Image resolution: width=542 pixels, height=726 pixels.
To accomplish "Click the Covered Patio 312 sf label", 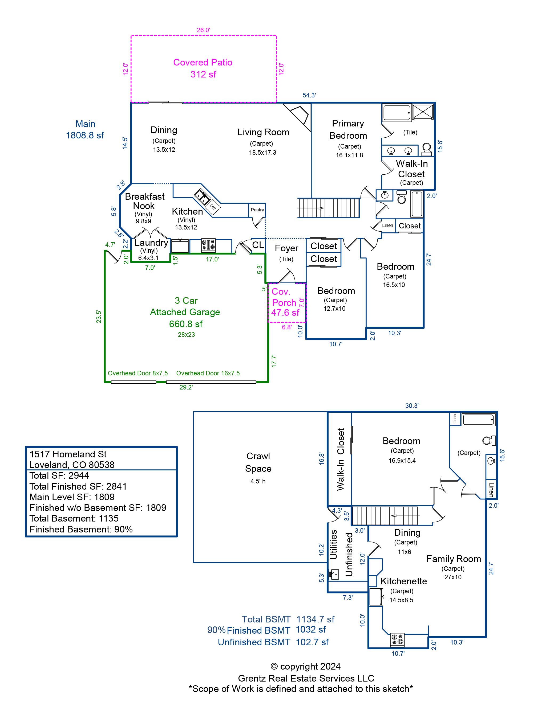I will (x=203, y=68).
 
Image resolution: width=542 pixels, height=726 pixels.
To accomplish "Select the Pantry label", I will (x=257, y=210).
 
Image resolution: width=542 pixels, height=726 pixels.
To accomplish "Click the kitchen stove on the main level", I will (x=208, y=245).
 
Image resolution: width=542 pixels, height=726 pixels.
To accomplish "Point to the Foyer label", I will (x=286, y=248).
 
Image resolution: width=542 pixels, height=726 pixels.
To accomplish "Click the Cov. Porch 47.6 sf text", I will (x=285, y=302).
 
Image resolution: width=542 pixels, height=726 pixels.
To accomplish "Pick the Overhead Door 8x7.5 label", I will (x=137, y=373).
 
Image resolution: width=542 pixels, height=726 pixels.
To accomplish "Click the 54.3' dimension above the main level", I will (x=309, y=95).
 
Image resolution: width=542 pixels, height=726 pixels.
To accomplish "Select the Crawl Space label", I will (x=258, y=462).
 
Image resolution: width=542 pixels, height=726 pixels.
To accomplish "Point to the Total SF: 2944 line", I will (x=59, y=475).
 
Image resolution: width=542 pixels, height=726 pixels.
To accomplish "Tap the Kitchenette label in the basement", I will (x=403, y=581).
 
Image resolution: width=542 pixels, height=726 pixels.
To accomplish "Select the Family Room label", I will (x=454, y=559).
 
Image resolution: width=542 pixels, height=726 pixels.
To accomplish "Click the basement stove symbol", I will (x=397, y=639).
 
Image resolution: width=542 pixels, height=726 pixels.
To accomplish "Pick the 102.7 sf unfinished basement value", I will (x=312, y=642).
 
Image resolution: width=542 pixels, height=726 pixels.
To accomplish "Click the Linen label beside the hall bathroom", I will (x=387, y=225).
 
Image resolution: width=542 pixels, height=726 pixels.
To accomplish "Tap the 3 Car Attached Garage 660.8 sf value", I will (x=185, y=324).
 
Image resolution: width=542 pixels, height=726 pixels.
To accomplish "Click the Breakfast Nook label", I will (x=144, y=201).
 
